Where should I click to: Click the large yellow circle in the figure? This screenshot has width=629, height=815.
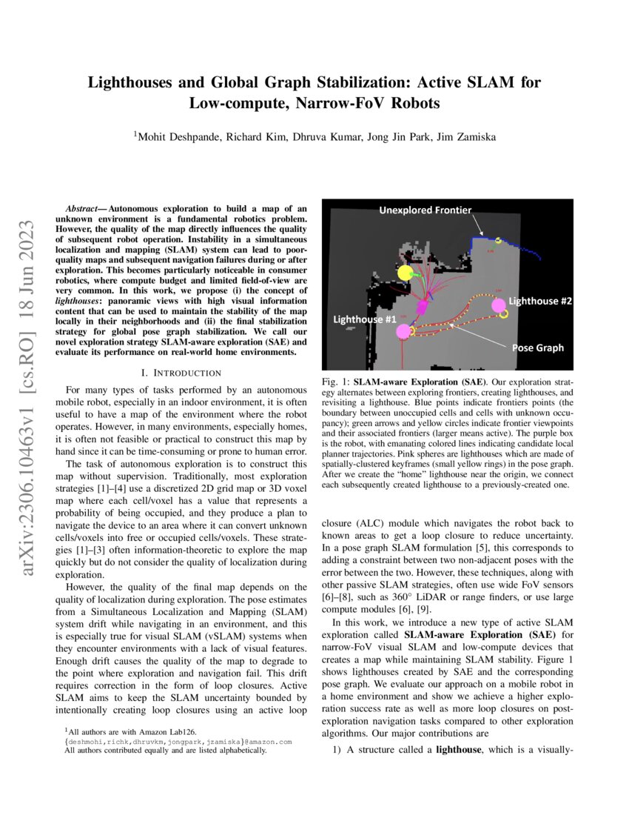pos(405,273)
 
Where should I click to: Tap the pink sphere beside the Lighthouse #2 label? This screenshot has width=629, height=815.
pos(499,304)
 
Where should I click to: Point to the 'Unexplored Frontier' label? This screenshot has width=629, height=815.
pos(425,210)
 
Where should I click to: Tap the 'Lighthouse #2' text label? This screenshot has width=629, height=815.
pos(544,301)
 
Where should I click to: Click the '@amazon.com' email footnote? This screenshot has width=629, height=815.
pos(268,741)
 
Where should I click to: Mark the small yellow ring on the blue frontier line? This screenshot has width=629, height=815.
pos(499,241)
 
